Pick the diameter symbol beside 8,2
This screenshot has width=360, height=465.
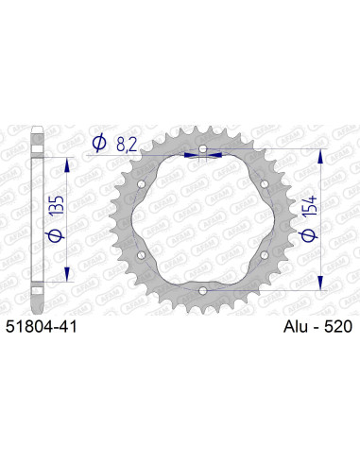(99, 143)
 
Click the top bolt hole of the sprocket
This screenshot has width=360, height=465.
(203, 149)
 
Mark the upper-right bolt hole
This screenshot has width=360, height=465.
(264, 183)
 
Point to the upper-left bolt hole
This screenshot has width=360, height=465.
(143, 183)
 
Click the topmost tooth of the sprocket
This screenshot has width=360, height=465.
(202, 125)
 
